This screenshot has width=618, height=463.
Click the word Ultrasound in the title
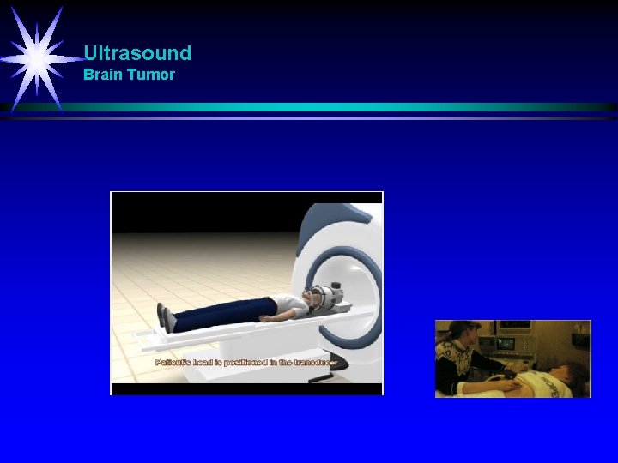(x=137, y=53)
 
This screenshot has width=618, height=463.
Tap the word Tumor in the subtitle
(x=151, y=75)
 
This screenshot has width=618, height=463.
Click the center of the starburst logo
(x=36, y=57)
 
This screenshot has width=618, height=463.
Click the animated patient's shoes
(x=168, y=320)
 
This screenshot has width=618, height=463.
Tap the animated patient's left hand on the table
(x=266, y=319)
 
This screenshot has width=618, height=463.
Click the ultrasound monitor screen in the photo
(x=506, y=344)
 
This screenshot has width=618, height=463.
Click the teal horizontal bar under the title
(x=343, y=107)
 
